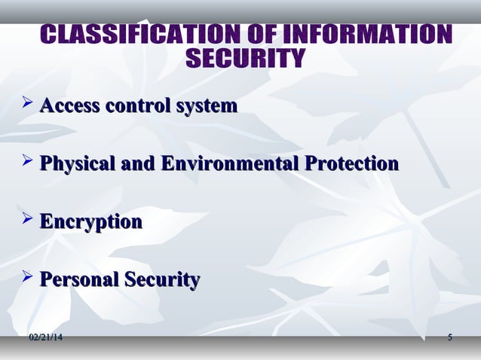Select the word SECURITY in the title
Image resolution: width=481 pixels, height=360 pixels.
coord(246,59)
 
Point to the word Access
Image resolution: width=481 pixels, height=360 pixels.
coord(69,105)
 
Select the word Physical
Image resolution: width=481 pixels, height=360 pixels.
coord(77,164)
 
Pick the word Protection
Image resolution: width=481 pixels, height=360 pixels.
coord(348,163)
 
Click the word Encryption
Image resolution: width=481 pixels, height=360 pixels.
coord(90,223)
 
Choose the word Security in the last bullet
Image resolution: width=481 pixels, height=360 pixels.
coord(162,281)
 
